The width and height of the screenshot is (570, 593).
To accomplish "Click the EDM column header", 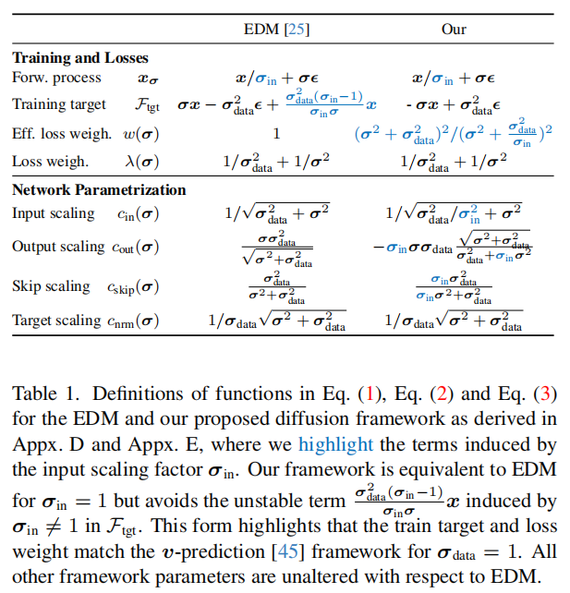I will coord(267,30).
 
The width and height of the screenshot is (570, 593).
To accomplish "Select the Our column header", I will coord(454,30).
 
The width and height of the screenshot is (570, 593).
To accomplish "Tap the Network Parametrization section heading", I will coord(99,189).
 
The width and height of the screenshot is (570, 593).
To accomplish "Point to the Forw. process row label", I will coord(54,80).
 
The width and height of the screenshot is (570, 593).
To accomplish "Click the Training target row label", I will coord(59,104).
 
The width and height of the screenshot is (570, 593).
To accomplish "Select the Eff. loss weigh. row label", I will coord(62,133).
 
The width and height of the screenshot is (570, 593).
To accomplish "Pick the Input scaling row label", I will coord(54,213).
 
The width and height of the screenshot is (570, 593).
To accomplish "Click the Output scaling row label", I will coord(58,247).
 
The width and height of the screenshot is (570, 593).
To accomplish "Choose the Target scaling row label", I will coord(56,321).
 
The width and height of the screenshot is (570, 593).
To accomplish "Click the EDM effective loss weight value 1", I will coord(275,133).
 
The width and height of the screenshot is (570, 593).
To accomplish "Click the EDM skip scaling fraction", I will coord(276,286).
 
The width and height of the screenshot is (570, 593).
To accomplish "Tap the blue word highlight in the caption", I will coord(335,444).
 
